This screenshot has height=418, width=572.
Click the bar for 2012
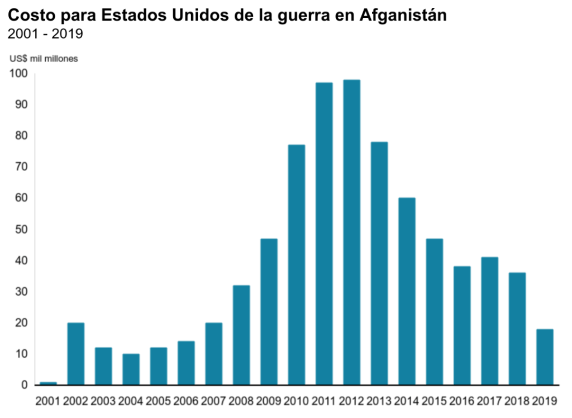(x=351, y=232)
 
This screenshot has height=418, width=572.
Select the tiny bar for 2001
(x=48, y=383)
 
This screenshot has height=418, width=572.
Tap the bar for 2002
(x=75, y=354)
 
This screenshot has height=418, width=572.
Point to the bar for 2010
(x=297, y=264)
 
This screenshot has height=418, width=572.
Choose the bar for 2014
(x=407, y=291)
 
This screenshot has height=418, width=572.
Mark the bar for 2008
(x=241, y=335)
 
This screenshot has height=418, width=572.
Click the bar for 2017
(x=489, y=321)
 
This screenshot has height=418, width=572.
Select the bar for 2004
(x=131, y=369)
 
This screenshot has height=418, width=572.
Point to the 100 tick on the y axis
(x=18, y=73)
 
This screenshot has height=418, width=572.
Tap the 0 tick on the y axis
(x=25, y=385)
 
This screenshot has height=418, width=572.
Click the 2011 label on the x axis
(x=324, y=401)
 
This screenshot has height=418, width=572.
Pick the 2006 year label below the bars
(x=186, y=401)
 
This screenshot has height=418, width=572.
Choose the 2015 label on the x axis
(x=434, y=401)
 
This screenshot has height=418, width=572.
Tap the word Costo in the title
(x=28, y=16)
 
